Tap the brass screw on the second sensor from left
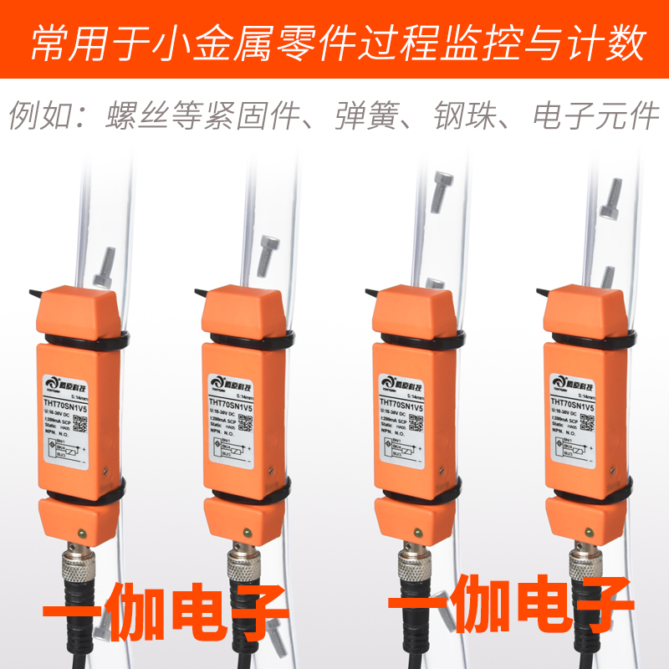pos(249,530)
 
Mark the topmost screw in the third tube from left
pos(441,190)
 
